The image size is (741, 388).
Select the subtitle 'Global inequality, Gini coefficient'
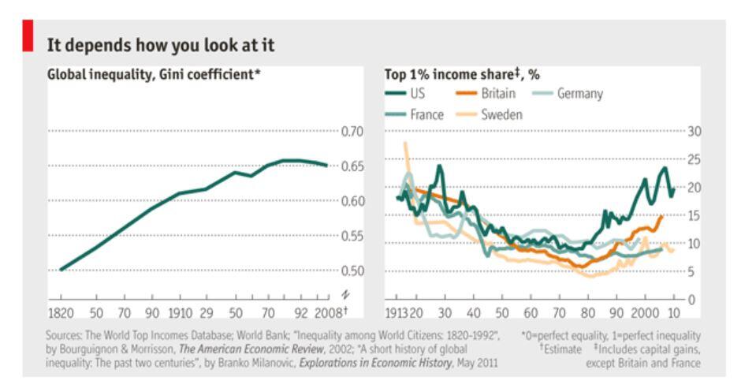pos(151,75)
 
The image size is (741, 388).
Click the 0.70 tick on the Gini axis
pos(352,131)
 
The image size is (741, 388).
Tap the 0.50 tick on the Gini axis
pos(352,270)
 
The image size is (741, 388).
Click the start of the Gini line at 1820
pos(61,270)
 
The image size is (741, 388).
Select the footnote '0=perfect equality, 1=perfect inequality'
pos(610,335)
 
